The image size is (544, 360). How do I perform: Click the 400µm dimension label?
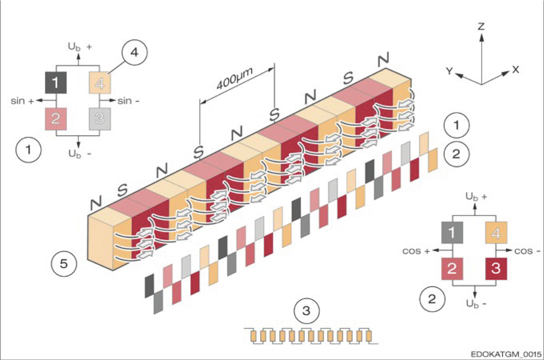tap(235, 79)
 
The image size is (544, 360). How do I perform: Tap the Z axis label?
tap(481, 26)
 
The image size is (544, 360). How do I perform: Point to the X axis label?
tap(516, 70)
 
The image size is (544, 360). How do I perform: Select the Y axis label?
tap(450, 71)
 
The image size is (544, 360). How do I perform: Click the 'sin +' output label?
tap(22, 101)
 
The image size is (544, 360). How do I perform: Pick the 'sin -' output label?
tap(128, 101)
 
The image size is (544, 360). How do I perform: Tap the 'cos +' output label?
tap(416, 251)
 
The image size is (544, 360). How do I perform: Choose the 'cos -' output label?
tap(527, 251)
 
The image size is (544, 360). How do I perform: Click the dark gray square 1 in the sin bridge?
tap(56, 82)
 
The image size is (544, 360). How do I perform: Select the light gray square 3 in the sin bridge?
tap(100, 118)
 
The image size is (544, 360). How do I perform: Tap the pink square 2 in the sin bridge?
tap(56, 118)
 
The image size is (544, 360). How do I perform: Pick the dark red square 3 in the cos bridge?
tap(496, 268)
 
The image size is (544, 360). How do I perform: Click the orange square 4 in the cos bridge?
tap(496, 233)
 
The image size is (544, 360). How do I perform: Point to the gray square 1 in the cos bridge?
tap(452, 233)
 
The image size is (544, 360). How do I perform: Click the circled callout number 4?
tap(134, 52)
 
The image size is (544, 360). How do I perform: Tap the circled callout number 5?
tap(64, 264)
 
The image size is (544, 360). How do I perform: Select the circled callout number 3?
tap(306, 311)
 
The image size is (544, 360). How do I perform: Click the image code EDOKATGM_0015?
tap(506, 354)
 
